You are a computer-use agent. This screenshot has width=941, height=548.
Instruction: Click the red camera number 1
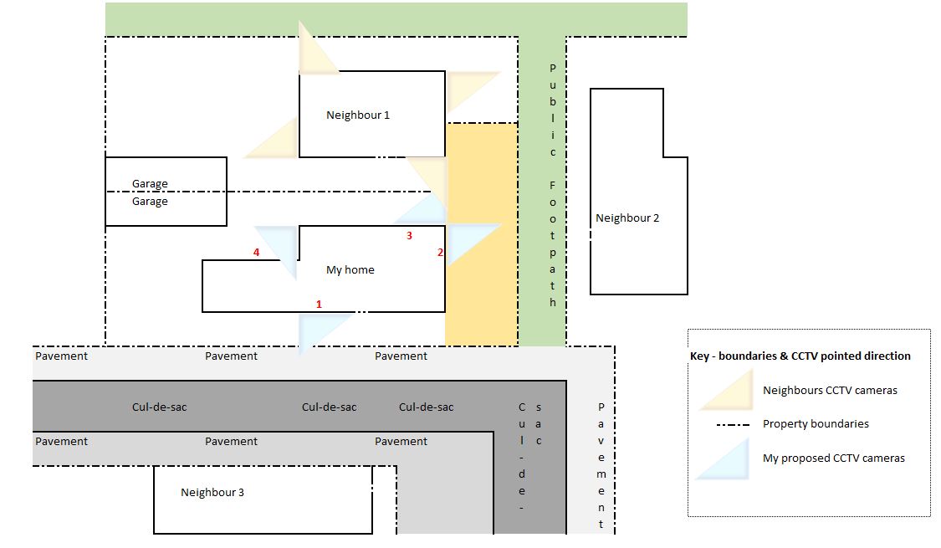tap(319, 305)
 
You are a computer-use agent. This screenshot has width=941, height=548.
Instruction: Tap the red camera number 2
tap(440, 253)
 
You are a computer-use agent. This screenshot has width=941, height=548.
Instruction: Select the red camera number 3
tap(409, 236)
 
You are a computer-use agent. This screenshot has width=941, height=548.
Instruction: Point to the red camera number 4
tap(256, 253)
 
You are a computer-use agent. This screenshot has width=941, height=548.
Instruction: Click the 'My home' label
tap(350, 270)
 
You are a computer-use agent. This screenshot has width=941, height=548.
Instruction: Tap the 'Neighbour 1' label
tap(358, 115)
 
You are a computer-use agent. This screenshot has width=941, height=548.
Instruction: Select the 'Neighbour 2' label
tap(627, 218)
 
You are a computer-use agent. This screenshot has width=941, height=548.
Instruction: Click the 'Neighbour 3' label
tap(212, 492)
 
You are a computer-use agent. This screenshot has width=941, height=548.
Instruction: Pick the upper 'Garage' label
tap(150, 184)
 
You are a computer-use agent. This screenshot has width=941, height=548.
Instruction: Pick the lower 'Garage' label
tap(150, 202)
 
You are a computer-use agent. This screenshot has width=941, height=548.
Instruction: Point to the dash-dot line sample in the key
tap(733, 424)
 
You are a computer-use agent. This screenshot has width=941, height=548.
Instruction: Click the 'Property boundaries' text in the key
tap(816, 423)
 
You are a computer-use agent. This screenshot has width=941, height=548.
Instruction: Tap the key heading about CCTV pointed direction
tap(800, 356)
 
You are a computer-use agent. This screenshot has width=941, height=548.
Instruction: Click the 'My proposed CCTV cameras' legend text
tap(834, 458)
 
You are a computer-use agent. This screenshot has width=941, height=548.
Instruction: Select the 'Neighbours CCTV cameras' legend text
tap(830, 390)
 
